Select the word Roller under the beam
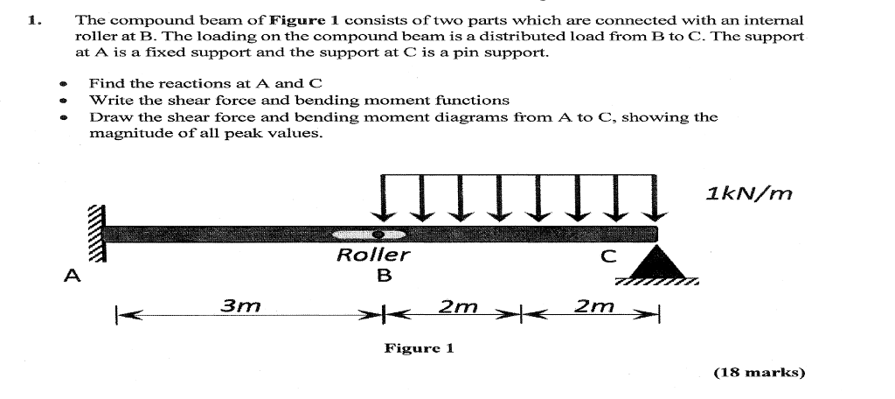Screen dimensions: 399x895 tap(373, 255)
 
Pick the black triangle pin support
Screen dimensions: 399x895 tap(657, 262)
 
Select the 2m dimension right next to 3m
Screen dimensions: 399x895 tap(457, 306)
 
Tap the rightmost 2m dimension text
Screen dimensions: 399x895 tap(594, 306)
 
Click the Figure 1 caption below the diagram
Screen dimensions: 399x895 tap(420, 348)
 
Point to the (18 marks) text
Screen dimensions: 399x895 tap(759, 372)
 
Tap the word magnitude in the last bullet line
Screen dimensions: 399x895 tap(127, 133)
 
